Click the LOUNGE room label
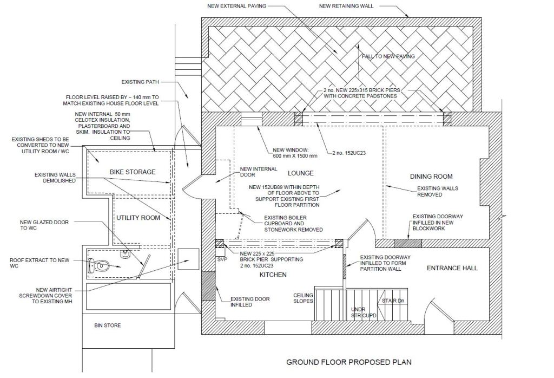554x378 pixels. click(301, 173)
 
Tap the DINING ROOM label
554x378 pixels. click(431, 177)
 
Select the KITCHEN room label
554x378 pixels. click(273, 275)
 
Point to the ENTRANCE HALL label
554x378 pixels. click(452, 268)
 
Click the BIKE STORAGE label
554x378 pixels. click(133, 172)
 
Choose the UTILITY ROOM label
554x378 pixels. click(138, 218)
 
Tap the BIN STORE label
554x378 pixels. click(108, 325)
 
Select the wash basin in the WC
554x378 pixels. click(125, 253)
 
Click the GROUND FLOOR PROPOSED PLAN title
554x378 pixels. click(349, 362)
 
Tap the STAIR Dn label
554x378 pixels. click(393, 301)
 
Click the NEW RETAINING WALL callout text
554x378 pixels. click(346, 6)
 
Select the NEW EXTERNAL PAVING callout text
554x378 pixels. click(237, 6)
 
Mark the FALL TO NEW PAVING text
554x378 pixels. click(388, 56)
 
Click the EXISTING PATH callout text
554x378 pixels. click(140, 82)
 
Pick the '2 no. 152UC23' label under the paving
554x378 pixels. click(349, 153)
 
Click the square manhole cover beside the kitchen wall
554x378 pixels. click(188, 259)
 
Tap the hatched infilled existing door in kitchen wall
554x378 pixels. click(208, 286)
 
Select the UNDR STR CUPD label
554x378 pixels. click(364, 312)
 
